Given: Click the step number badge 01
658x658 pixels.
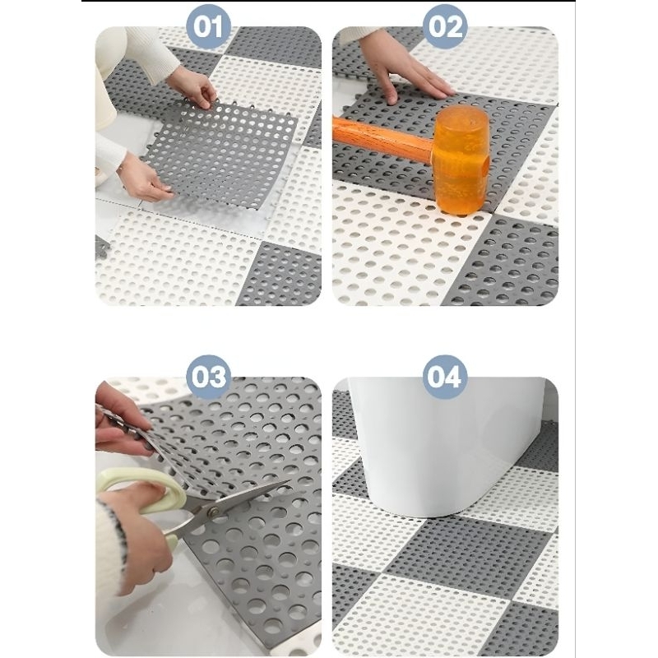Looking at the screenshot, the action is [x=209, y=26].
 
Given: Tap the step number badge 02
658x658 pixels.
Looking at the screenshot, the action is [x=445, y=26].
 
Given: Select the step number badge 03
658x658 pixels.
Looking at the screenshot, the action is [x=209, y=377].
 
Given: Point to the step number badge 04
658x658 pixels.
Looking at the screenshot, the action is [x=445, y=377].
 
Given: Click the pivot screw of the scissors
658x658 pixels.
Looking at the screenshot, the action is [x=214, y=512].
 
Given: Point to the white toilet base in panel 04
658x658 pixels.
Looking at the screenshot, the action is [x=441, y=445].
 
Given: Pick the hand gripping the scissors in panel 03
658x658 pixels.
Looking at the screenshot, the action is [x=134, y=533].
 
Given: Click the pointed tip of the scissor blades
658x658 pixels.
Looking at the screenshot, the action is [x=290, y=481].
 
